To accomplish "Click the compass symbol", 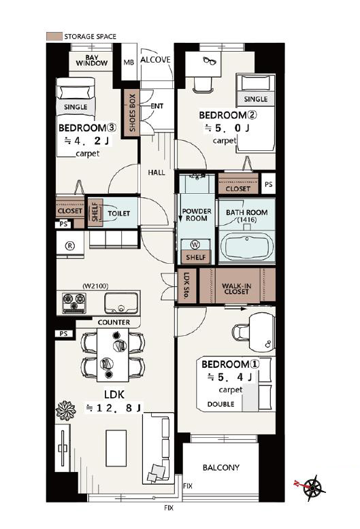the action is click(312, 487).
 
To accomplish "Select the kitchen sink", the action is click(121, 303).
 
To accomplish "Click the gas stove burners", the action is click(74, 303).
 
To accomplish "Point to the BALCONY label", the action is click(221, 468).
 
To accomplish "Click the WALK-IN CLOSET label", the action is click(236, 288).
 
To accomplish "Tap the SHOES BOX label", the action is click(132, 113).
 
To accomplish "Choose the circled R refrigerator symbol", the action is click(70, 245).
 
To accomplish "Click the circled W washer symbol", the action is click(195, 245).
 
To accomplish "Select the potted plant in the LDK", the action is click(65, 410).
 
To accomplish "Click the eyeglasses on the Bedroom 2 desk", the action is click(210, 61).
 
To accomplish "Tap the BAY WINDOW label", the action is click(91, 61).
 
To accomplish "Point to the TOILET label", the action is click(119, 214).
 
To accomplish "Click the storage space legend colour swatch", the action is click(54, 36).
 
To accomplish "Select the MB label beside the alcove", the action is click(129, 63).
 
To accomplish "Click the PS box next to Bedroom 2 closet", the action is click(269, 184).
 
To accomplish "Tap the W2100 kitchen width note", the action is click(95, 286).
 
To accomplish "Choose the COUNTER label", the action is click(114, 322).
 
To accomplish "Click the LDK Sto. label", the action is click(186, 286).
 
